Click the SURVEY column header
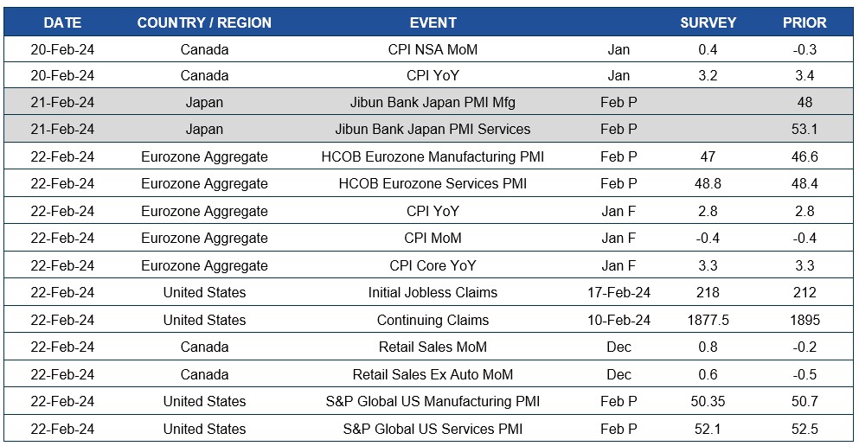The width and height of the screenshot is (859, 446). click(708, 22)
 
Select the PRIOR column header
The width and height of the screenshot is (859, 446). click(805, 22)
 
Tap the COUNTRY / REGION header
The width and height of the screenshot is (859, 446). click(204, 22)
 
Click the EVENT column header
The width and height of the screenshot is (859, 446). click(433, 22)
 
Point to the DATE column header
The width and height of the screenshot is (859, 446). click(62, 22)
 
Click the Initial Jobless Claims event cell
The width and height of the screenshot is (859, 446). click(433, 293)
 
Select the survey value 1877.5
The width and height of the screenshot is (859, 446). click(708, 320)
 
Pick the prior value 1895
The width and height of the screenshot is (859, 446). click(805, 320)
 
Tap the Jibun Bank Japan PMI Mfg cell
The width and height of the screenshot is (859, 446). click(433, 102)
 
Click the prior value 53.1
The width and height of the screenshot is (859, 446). click(805, 130)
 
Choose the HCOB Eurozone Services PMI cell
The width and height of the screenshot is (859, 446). click(433, 184)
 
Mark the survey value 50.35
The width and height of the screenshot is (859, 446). click(708, 402)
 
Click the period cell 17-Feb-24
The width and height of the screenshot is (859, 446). click(619, 293)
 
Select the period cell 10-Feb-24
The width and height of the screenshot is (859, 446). click(619, 320)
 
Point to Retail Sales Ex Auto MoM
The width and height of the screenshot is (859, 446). click(433, 374)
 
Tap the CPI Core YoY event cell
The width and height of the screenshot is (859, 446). click(433, 265)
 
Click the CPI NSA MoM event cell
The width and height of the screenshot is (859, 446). click(433, 49)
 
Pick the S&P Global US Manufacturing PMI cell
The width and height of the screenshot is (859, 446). click(433, 402)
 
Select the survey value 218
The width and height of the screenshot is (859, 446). click(708, 293)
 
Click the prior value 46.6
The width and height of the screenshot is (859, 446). click(805, 156)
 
